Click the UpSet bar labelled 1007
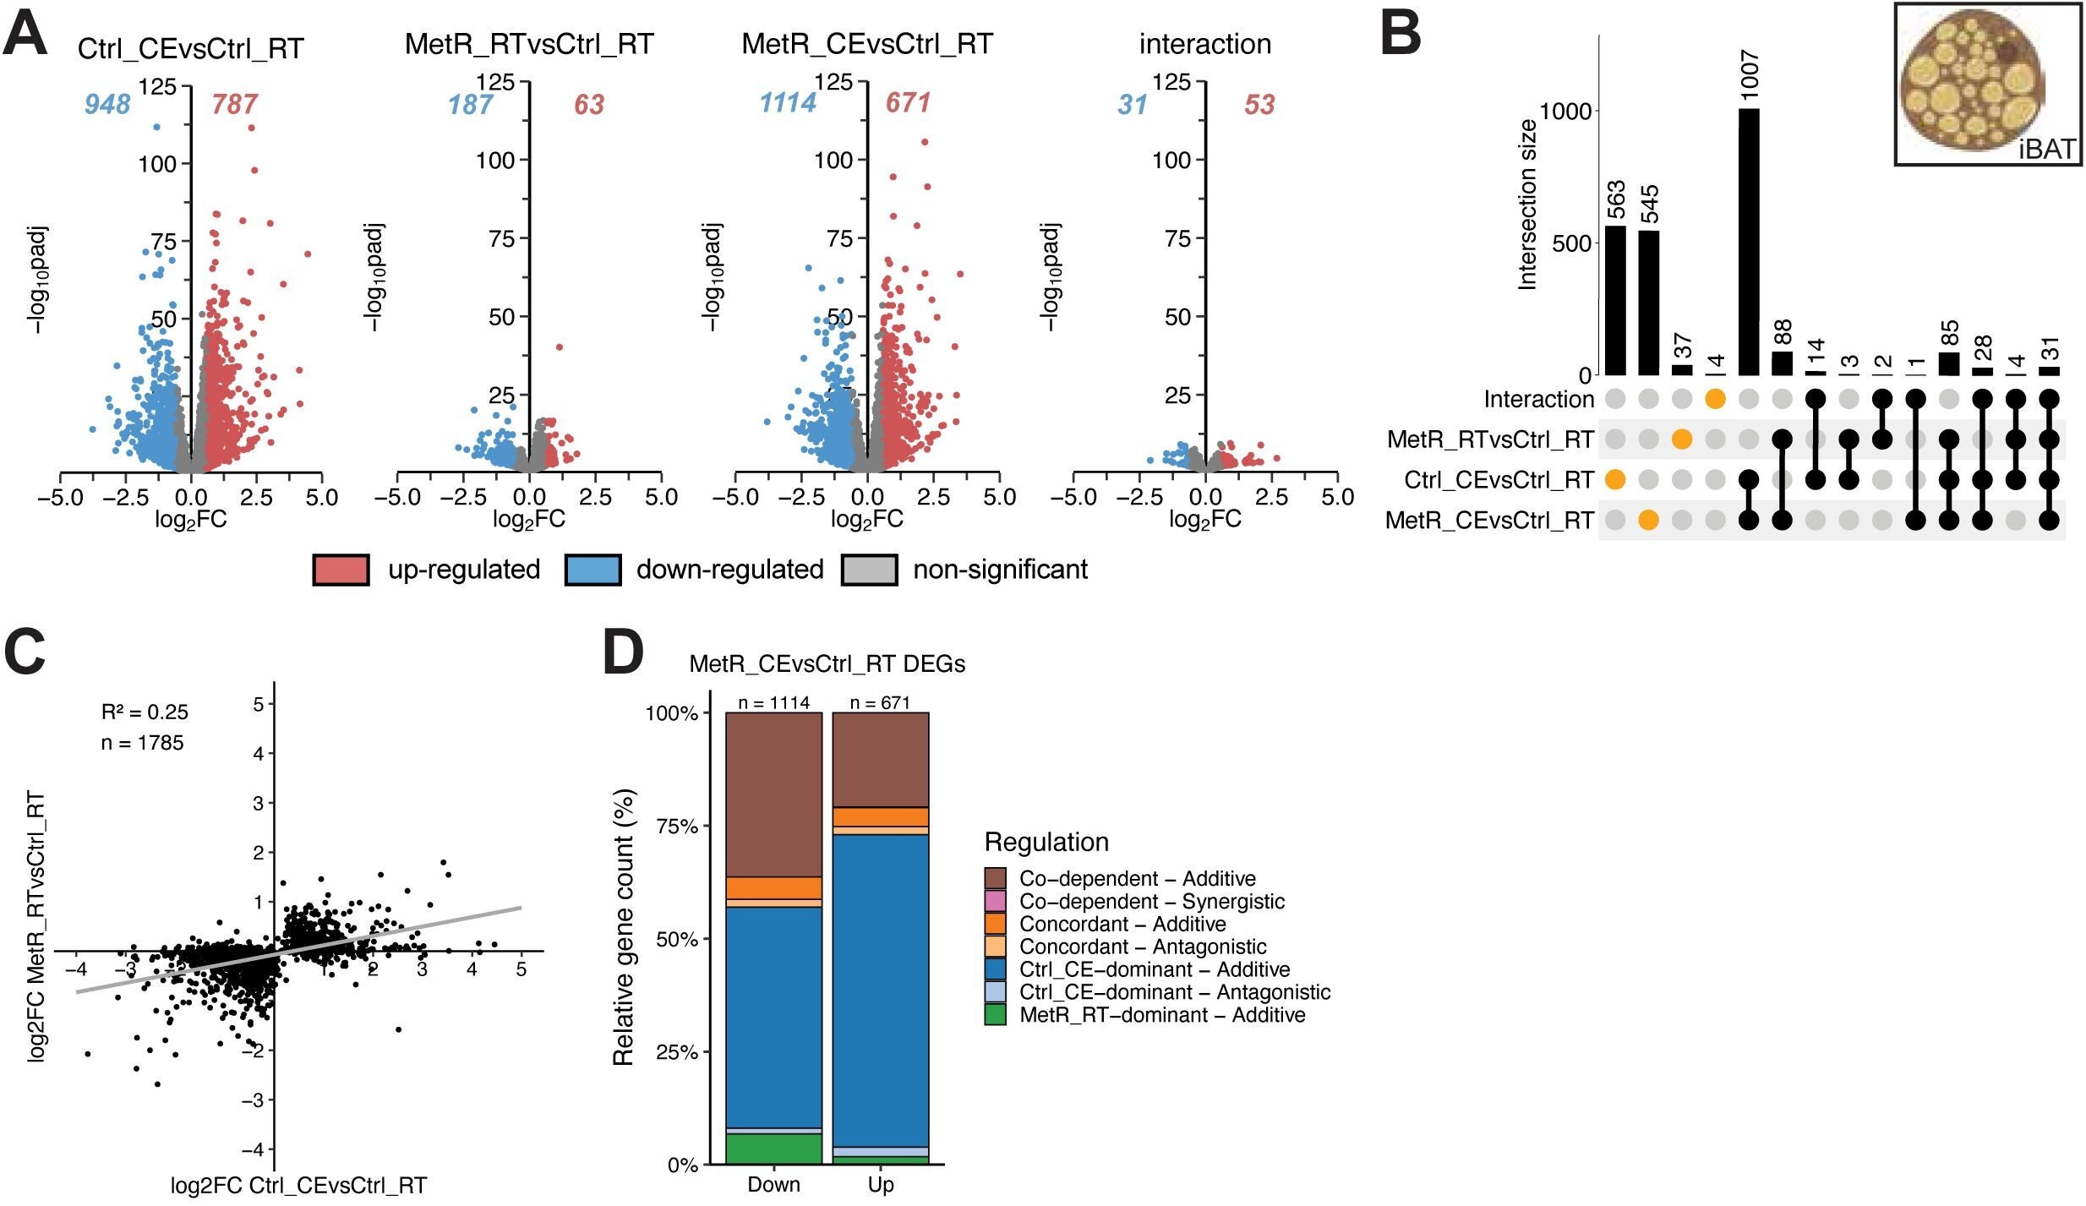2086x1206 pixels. (1749, 242)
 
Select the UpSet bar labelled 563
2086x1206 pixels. (1615, 300)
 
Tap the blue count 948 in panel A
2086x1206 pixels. (107, 104)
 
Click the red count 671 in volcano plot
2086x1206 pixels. (908, 103)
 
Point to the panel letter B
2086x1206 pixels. (1401, 35)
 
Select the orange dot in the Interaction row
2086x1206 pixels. (1715, 399)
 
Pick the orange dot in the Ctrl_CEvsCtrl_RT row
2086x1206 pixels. (1615, 480)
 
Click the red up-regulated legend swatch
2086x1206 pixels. (341, 570)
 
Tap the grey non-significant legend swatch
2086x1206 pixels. (869, 570)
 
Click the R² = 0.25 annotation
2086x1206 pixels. (145, 712)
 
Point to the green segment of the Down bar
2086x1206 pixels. (773, 1149)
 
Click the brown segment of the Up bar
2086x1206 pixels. (880, 759)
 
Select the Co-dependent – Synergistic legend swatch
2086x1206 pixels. (995, 901)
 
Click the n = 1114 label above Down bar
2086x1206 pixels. (773, 702)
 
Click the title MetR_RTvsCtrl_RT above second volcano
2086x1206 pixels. (529, 44)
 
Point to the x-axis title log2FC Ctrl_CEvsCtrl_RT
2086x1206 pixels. (298, 1186)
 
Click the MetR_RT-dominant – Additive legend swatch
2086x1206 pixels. (995, 1014)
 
